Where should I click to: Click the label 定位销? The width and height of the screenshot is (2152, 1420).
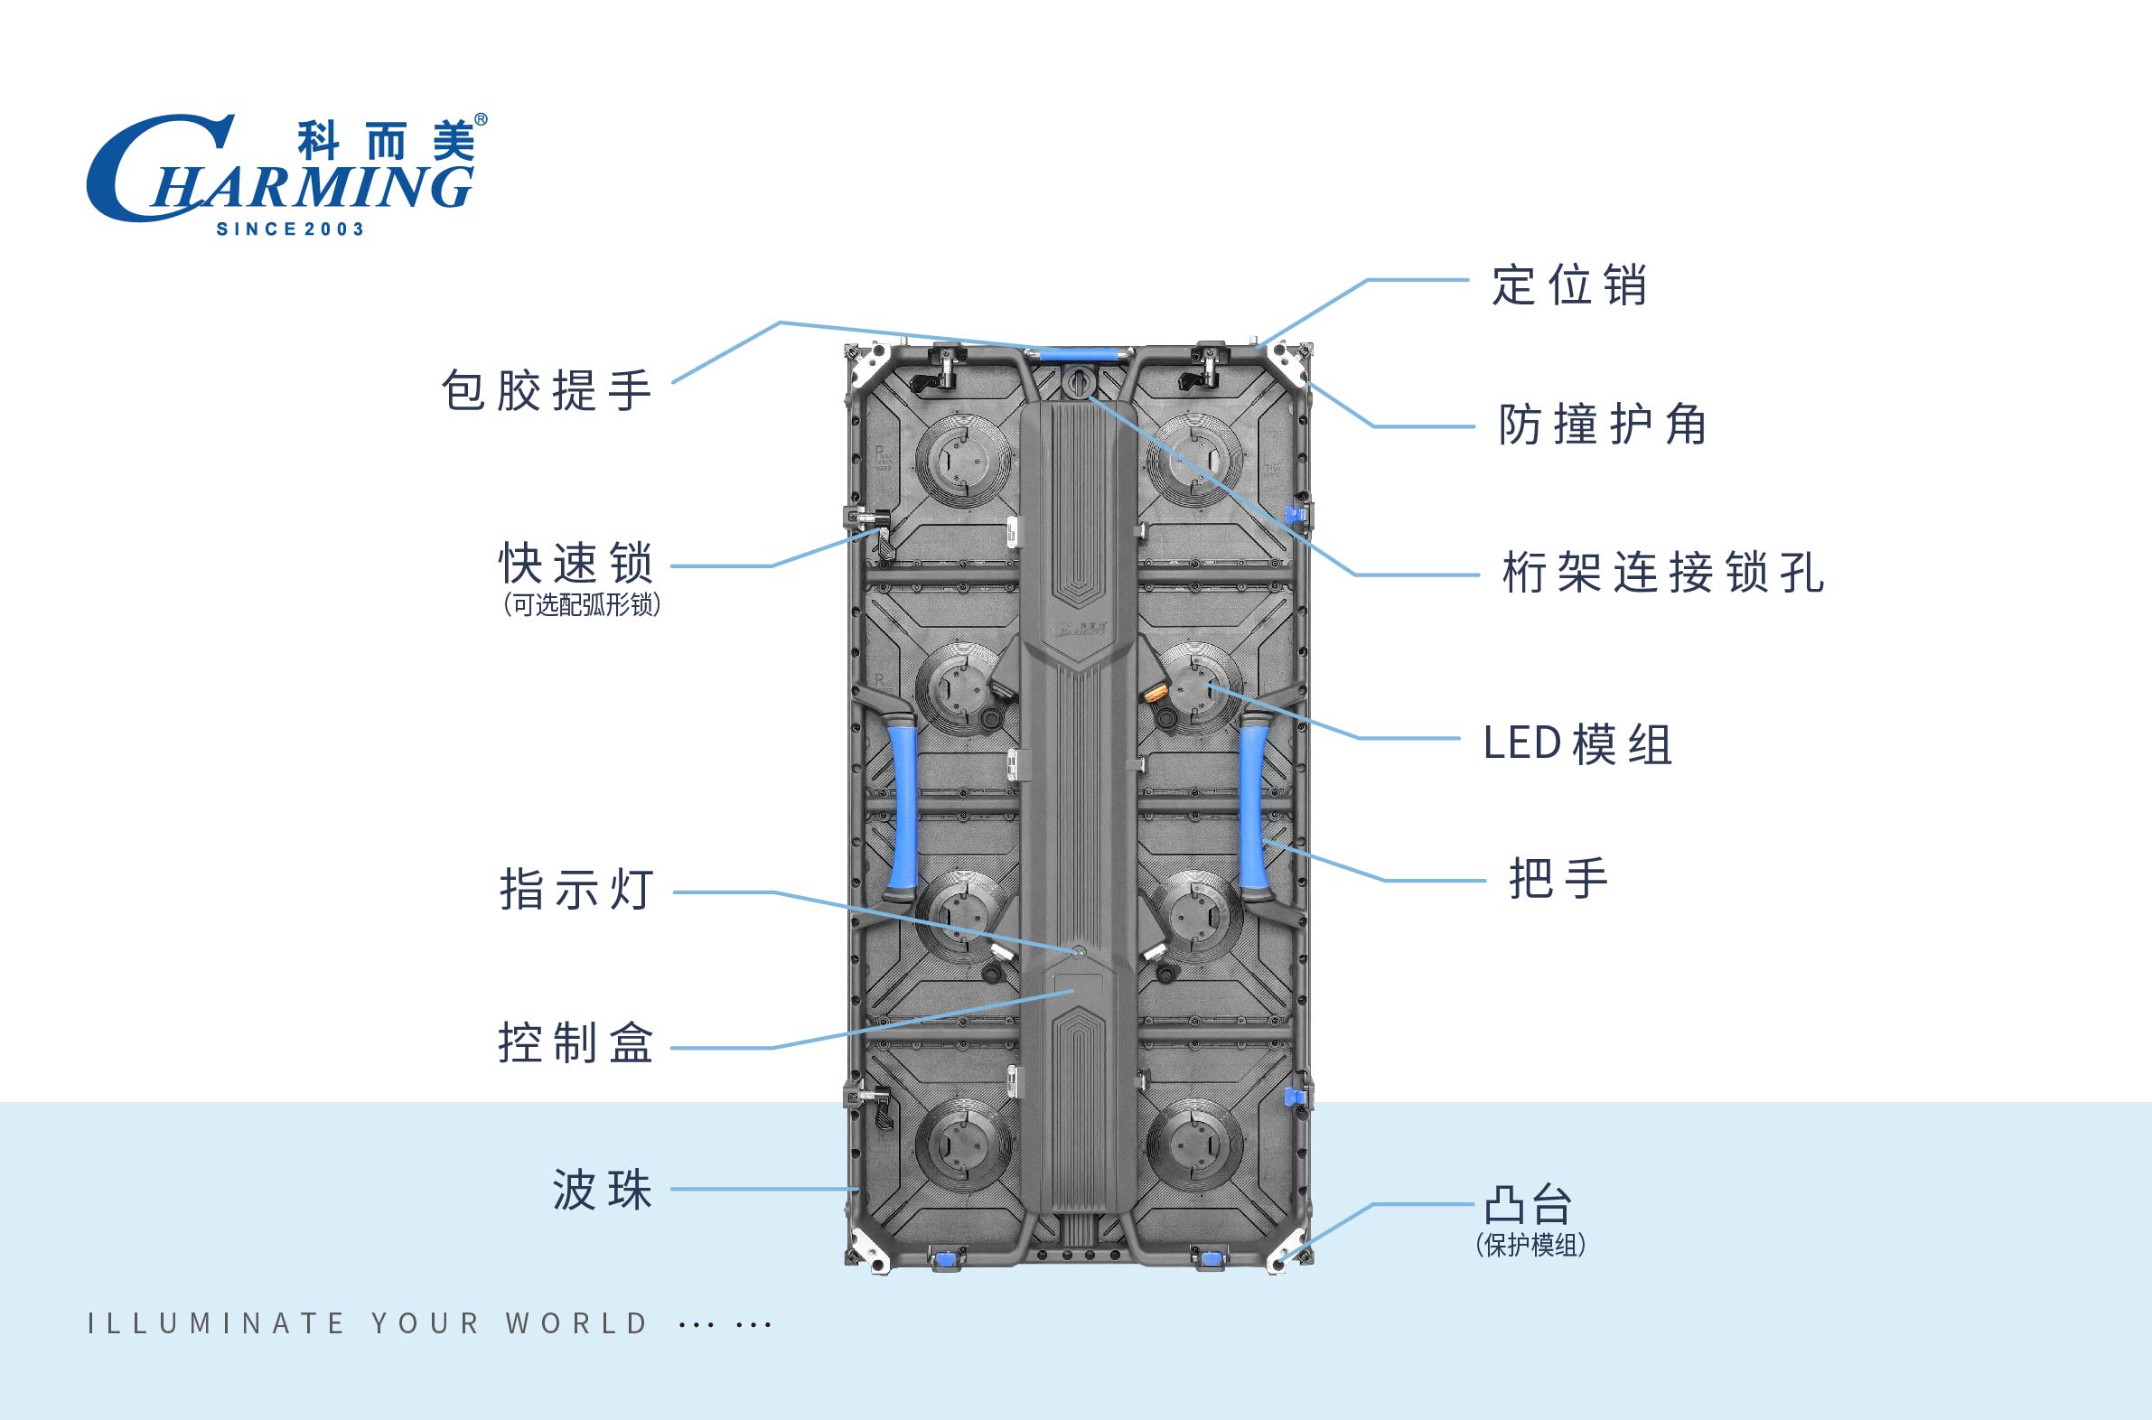point(1569,285)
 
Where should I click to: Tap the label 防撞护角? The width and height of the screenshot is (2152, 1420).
point(1602,425)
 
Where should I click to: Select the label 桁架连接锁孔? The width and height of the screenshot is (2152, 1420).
point(1663,573)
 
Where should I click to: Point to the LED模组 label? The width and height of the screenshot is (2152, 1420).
point(1577,744)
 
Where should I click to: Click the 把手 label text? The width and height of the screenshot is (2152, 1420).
point(1558,878)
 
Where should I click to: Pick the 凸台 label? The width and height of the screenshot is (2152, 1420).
point(1528,1205)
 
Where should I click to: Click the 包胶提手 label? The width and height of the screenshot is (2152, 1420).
point(547,391)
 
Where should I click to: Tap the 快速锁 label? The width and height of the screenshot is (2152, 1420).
point(576,565)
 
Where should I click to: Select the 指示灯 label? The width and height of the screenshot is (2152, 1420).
point(576,889)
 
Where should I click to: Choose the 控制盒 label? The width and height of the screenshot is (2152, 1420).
point(576,1042)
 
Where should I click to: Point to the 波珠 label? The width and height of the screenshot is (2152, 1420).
point(603,1190)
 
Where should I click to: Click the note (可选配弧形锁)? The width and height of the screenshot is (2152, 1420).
point(582,605)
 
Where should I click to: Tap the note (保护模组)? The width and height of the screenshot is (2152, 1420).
point(1530,1246)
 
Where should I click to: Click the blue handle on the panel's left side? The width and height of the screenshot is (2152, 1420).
point(903,807)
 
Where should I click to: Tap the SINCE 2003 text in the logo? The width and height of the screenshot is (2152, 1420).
point(290,229)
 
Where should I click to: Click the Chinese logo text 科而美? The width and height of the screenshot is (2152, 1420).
point(386,142)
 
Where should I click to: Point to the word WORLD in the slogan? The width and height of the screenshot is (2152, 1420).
point(577,1324)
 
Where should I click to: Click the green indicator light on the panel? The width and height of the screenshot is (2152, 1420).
point(1079,952)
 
